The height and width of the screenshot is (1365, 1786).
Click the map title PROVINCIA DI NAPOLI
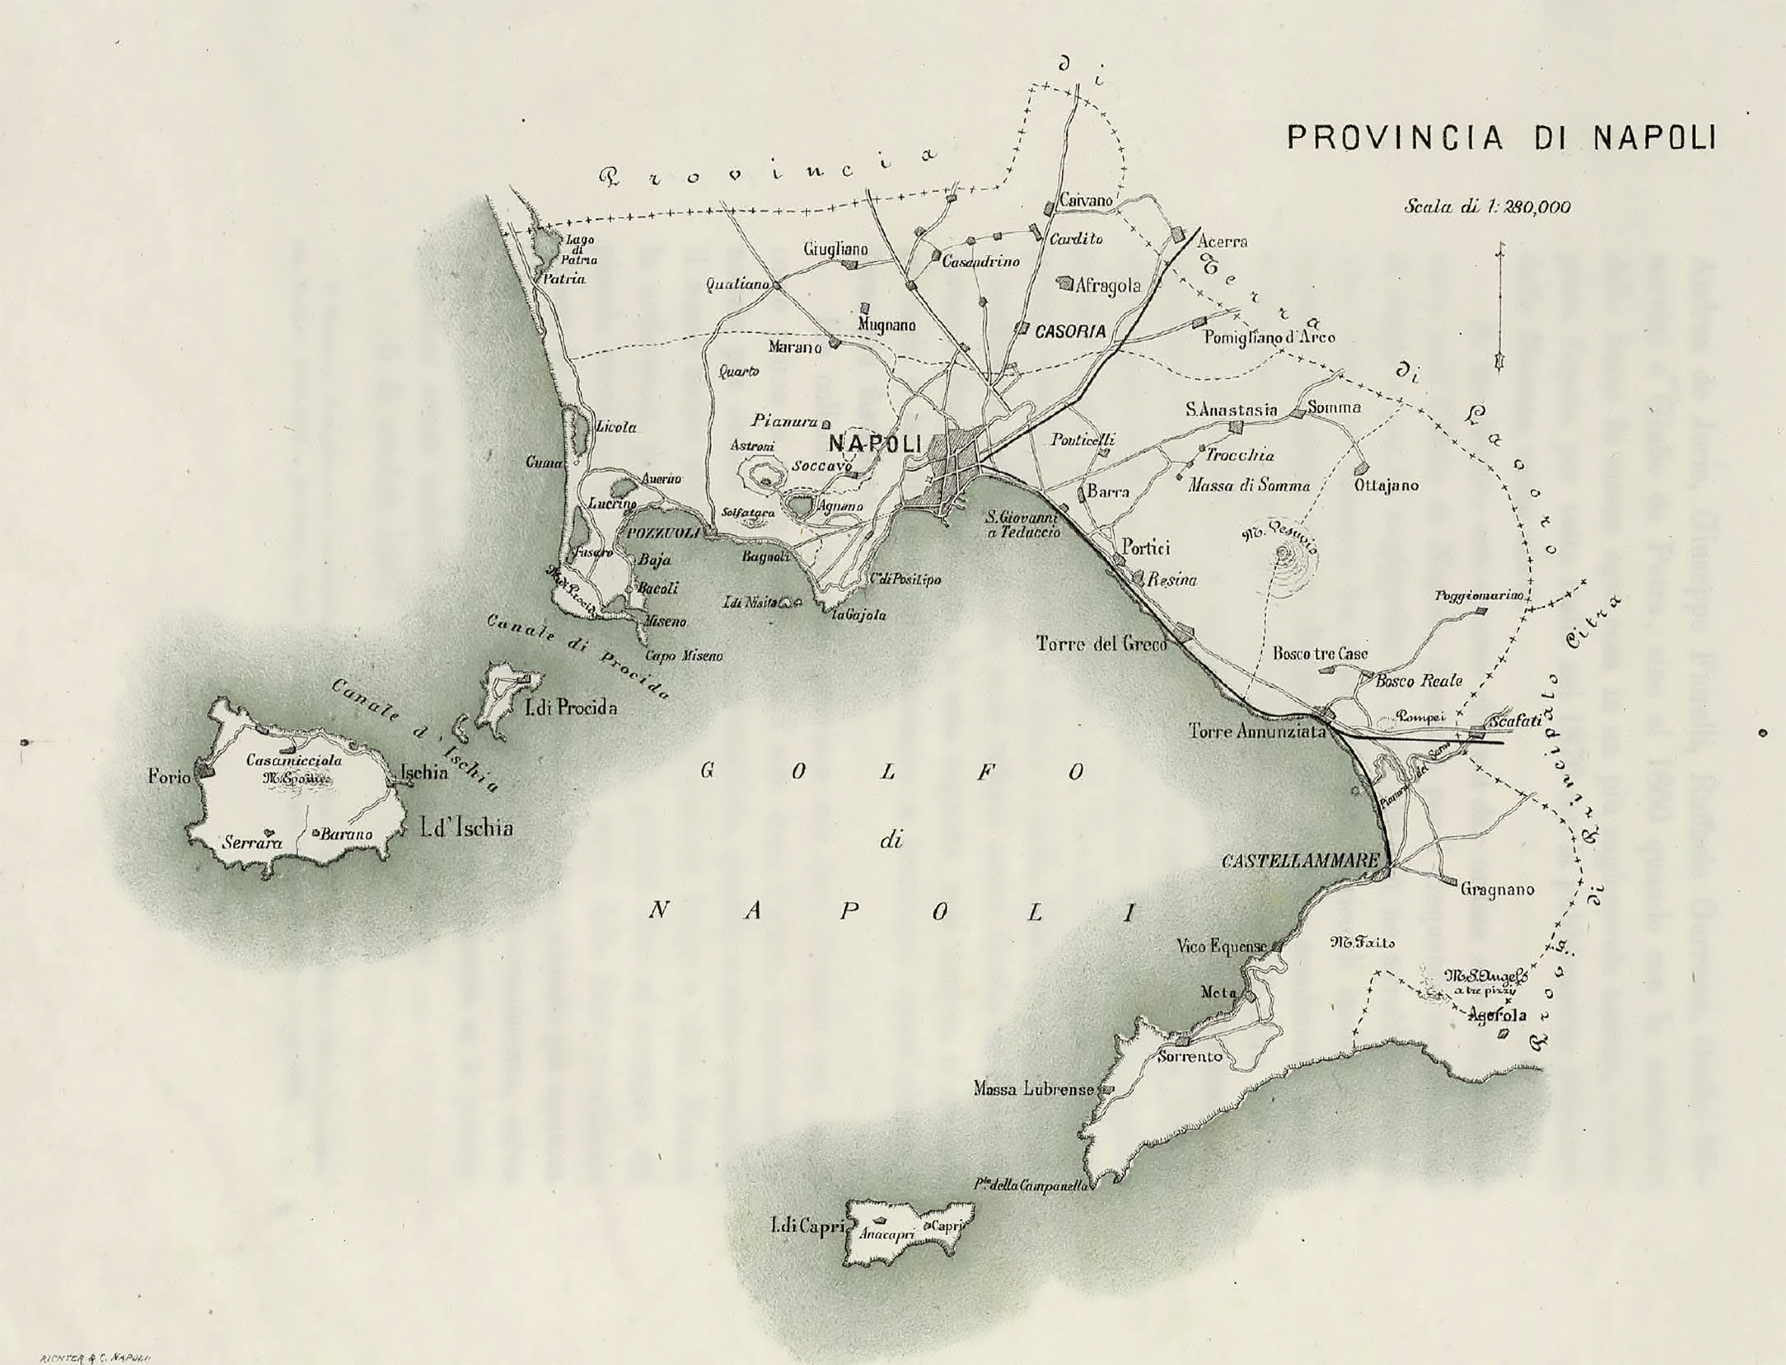(1501, 138)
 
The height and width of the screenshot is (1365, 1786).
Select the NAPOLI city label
(875, 443)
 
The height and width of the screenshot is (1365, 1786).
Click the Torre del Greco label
(1101, 644)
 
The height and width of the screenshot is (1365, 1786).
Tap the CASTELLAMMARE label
(1300, 860)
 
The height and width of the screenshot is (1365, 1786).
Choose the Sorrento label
(1189, 1057)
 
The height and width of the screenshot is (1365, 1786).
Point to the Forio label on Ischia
(169, 777)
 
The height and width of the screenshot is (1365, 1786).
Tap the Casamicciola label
(294, 761)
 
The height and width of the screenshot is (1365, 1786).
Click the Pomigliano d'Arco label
(1269, 337)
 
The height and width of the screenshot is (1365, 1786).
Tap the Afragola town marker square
(1064, 283)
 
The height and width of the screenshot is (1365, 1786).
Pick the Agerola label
(1499, 1015)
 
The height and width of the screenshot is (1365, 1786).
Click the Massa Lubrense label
(1033, 1089)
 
